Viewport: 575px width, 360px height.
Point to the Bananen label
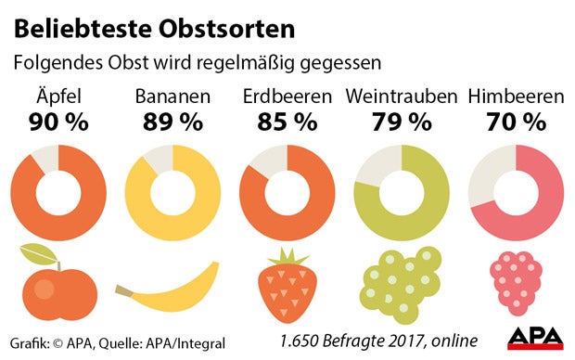[172, 97]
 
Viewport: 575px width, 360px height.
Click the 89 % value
[172, 122]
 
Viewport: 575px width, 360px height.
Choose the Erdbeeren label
[287, 97]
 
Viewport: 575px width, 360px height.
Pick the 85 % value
[287, 122]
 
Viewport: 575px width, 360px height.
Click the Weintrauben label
[402, 97]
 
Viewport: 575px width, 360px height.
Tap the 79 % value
[402, 122]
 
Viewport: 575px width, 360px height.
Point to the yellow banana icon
[172, 289]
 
